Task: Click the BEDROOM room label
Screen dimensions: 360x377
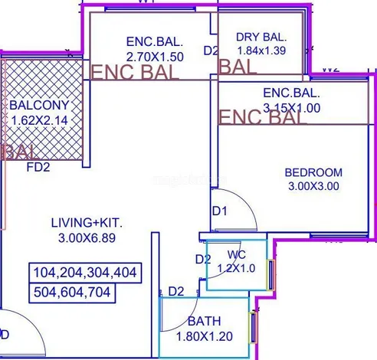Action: click(x=313, y=172)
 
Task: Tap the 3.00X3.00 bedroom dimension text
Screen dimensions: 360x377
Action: click(x=313, y=186)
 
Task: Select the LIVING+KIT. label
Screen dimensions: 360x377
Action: click(x=87, y=223)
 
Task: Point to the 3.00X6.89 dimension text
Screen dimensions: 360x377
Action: click(x=87, y=237)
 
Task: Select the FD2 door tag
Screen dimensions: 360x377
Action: click(x=38, y=166)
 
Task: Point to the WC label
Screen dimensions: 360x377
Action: click(x=235, y=254)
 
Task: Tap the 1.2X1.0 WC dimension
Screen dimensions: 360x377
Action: click(x=236, y=268)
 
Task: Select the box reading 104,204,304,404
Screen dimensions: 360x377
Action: click(x=85, y=273)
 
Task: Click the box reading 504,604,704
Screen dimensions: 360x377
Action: click(x=74, y=292)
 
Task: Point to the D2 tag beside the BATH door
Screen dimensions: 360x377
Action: click(x=176, y=291)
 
